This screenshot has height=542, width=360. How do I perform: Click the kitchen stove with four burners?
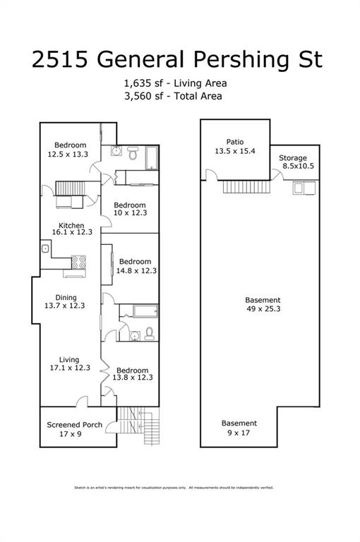point(79,263)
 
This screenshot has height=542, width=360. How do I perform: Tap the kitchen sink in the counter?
point(45,248)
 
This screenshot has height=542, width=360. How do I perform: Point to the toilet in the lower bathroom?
point(150,334)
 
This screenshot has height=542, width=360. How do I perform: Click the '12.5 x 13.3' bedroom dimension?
point(68,154)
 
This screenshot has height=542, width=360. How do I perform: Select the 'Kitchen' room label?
point(71,226)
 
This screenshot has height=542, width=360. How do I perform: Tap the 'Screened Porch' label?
point(74,425)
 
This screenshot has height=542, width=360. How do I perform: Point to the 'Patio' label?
point(234,142)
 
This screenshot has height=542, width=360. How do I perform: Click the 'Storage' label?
point(292,157)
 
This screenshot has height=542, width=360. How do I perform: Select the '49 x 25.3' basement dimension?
point(262,308)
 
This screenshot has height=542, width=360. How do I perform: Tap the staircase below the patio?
point(238,186)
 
